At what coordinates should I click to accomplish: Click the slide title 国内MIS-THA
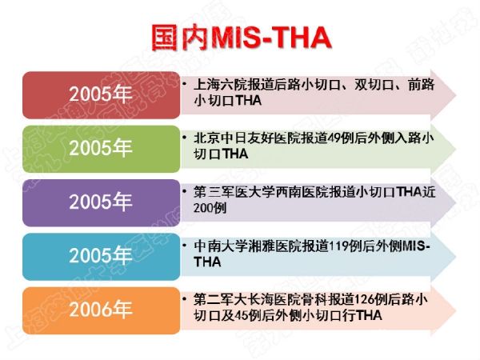242,38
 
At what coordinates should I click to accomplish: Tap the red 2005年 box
102,95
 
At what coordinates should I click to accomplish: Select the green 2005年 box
102,149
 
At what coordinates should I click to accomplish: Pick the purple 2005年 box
102,203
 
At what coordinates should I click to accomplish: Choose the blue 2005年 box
102,257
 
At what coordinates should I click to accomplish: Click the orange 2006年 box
102,310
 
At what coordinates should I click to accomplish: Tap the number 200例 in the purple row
210,208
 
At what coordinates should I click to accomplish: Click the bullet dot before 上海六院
184,83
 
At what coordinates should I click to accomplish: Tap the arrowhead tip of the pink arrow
457,95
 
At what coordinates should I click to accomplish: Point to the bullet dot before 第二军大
184,298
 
